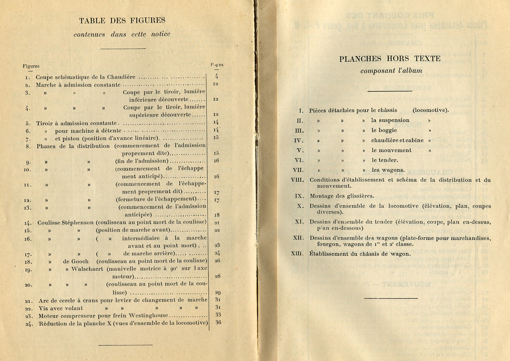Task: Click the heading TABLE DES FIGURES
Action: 122,21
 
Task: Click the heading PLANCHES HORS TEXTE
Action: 390,59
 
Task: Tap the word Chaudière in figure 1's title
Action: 121,77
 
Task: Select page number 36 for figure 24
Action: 218,322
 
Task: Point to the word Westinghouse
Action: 147,316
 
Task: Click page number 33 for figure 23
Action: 218,315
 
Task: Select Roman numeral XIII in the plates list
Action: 297,254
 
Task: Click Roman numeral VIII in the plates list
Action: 297,180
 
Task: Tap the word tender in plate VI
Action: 389,160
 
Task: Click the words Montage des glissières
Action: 342,196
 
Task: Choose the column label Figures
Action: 31,66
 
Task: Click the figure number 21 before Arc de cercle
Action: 28,301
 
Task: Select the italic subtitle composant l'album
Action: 391,71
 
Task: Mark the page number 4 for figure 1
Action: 216,77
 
